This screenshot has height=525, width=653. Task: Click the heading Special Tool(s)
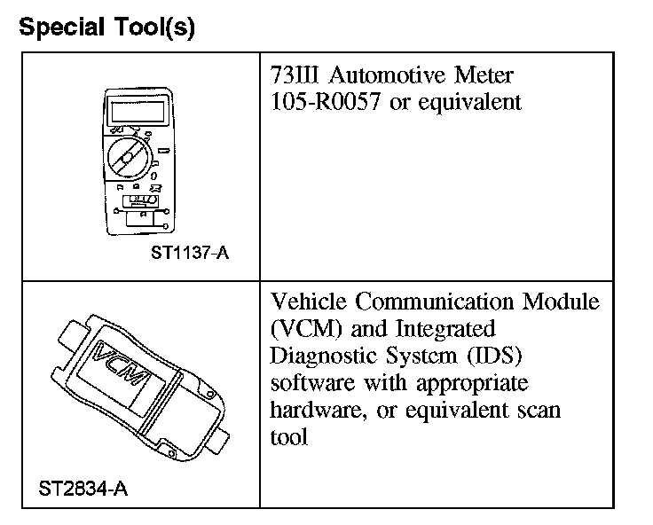[106, 27]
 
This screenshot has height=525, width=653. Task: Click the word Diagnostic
[319, 357]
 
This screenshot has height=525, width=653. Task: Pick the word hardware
[310, 411]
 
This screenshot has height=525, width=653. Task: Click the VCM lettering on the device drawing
[124, 370]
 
